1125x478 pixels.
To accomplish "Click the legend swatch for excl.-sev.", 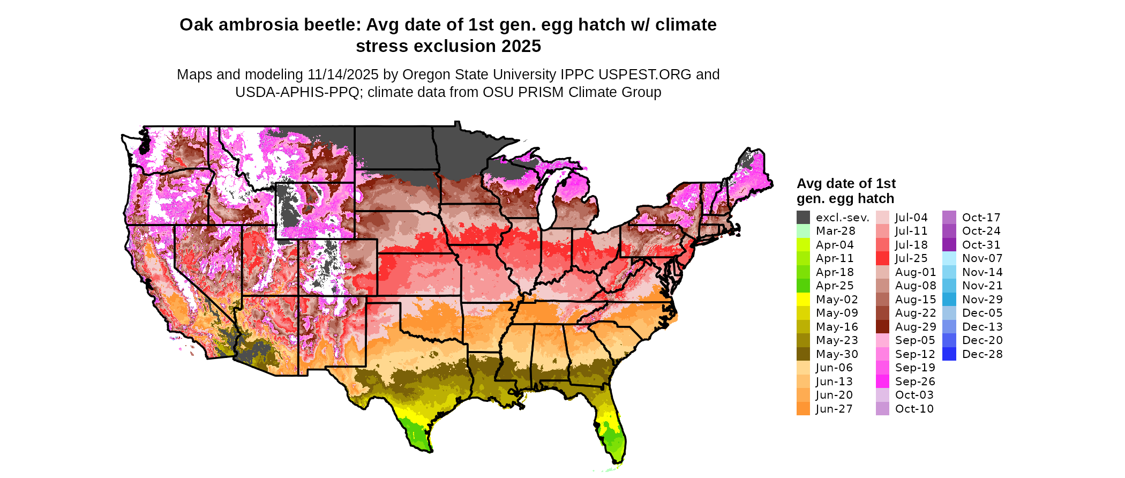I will (803, 218).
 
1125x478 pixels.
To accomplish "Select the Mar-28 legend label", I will (835, 231).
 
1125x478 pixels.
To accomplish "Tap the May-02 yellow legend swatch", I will (803, 300).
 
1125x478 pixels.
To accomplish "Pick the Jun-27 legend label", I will (834, 409).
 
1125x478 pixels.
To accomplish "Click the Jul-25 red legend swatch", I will (882, 258).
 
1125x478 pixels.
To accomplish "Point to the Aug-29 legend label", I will (916, 327).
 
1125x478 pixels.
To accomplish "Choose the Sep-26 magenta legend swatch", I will (882, 382).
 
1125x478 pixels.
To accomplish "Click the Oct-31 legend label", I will (981, 245).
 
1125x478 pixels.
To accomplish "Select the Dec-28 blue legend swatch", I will (949, 354).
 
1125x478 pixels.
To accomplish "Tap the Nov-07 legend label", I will (982, 258).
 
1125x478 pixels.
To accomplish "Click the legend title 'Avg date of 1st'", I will (846, 184).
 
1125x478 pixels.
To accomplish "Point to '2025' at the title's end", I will (521, 47).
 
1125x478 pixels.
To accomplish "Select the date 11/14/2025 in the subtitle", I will (343, 74).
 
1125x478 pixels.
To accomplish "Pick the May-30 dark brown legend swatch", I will (803, 354).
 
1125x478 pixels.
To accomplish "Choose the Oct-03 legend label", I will (914, 395).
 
